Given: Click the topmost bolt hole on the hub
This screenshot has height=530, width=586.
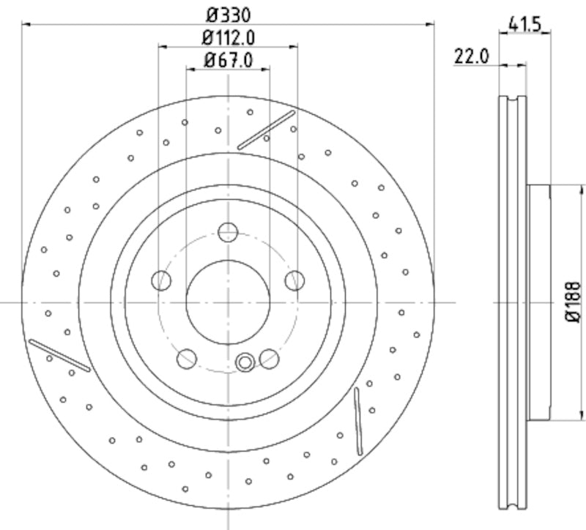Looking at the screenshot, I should [228, 233].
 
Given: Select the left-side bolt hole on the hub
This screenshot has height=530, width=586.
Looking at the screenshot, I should [161, 280].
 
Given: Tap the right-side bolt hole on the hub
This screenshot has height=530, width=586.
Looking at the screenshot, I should [294, 280].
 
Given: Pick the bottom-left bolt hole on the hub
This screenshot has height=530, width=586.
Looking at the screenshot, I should [187, 359].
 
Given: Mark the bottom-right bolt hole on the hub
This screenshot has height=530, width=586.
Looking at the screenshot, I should [270, 359].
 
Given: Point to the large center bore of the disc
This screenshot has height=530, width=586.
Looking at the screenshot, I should [228, 302].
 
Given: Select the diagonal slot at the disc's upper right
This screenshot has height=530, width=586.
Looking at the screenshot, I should [266, 130].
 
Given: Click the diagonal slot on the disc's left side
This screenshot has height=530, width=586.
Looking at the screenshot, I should [59, 354].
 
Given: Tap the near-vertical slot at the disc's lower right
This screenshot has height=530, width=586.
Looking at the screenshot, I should [357, 421].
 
